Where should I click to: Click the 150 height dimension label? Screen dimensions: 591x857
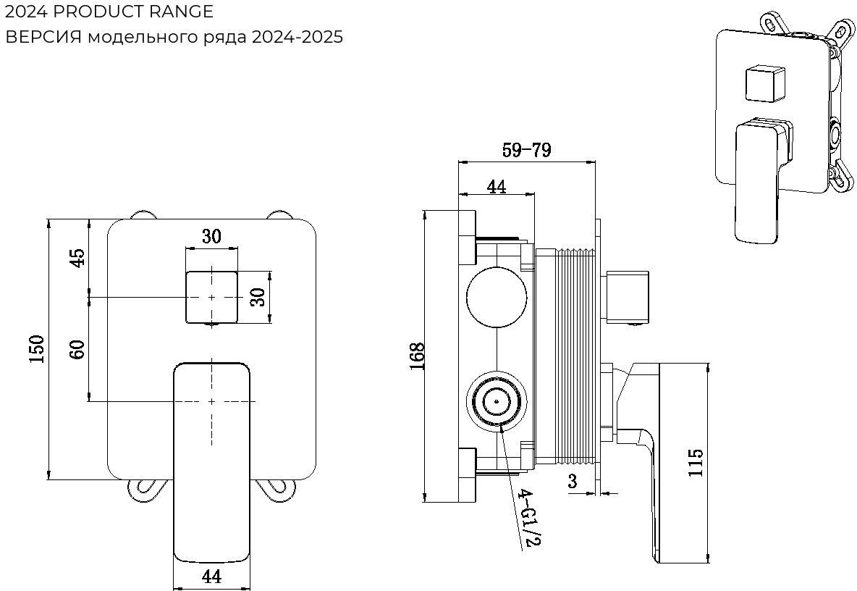click(38, 349)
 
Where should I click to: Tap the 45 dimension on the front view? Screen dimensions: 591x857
click(77, 258)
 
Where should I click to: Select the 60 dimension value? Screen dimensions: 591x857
click(77, 349)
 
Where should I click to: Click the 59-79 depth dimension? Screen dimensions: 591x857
click(526, 151)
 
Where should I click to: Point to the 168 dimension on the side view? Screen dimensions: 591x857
click(416, 356)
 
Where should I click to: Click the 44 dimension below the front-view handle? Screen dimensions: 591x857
click(211, 577)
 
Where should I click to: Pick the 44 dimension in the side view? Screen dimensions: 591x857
click(496, 186)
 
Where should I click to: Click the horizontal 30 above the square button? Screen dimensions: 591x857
click(211, 236)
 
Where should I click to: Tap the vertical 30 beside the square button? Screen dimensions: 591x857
click(258, 296)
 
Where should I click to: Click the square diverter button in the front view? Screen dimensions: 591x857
click(211, 296)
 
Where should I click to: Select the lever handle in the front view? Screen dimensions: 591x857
click(211, 456)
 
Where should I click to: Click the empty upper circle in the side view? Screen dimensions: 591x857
click(498, 297)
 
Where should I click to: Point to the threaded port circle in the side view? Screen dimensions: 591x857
click(498, 401)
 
